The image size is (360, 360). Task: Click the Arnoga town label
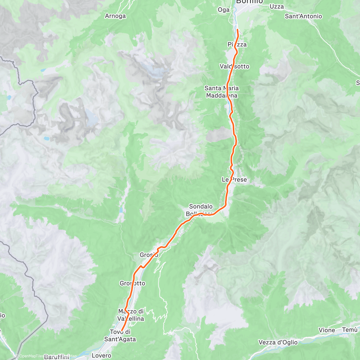click(x=115, y=16)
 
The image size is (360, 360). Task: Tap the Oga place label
click(x=223, y=10)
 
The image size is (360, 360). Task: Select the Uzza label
click(x=277, y=7)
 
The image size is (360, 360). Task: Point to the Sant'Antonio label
click(x=303, y=16)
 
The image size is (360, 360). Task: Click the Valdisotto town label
click(x=234, y=66)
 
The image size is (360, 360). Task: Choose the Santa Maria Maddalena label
click(x=222, y=92)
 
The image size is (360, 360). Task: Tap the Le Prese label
click(x=234, y=180)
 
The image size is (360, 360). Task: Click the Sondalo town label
click(x=201, y=206)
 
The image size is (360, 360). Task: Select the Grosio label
click(x=149, y=255)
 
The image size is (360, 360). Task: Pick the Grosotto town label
click(x=132, y=283)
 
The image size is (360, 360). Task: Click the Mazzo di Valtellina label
click(x=131, y=315)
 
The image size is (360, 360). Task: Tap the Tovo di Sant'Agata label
click(x=120, y=335)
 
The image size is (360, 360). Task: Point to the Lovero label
click(x=101, y=355)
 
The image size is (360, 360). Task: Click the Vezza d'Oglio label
click(x=278, y=342)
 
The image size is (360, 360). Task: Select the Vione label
click(x=327, y=330)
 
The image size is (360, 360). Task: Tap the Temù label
click(x=350, y=330)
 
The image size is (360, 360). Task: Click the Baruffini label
click(x=56, y=357)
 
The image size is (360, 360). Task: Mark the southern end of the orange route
click(x=121, y=331)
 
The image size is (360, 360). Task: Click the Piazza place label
click(x=237, y=44)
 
